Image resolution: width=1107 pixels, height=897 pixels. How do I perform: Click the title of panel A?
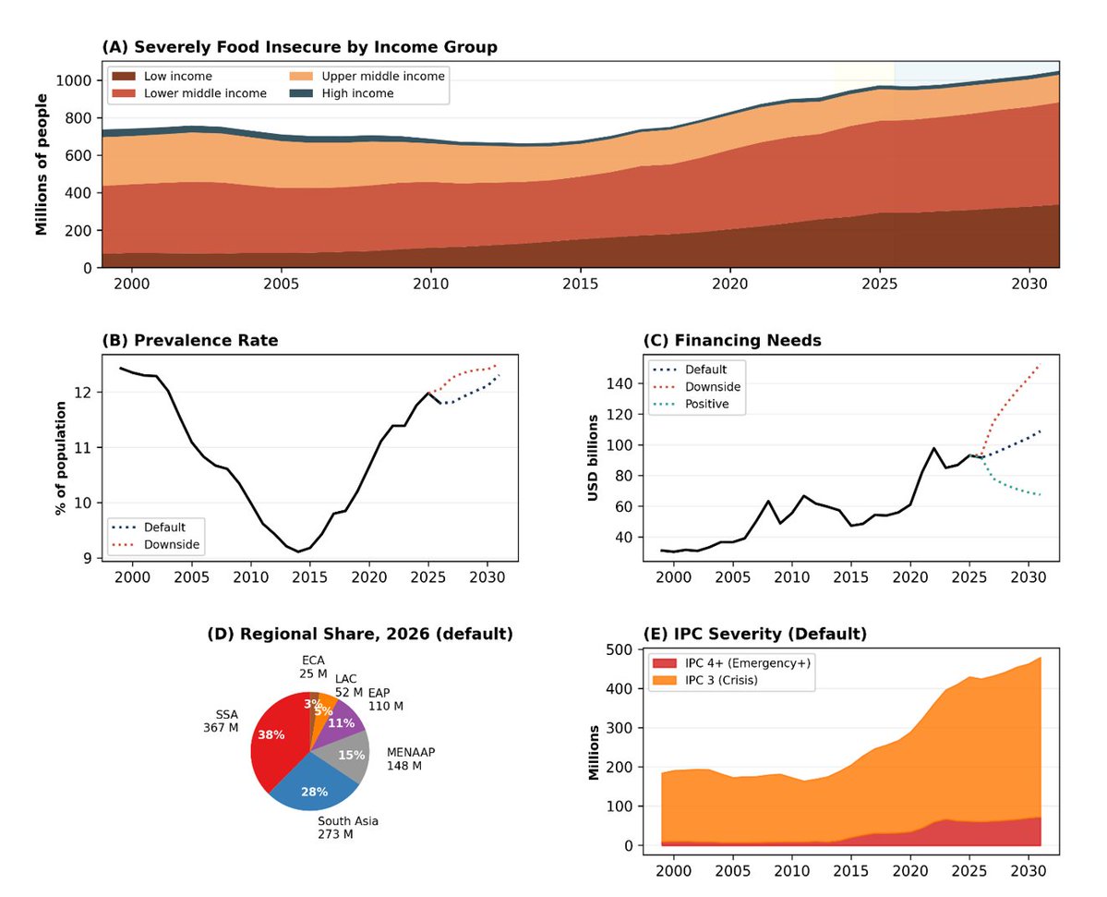point(300,47)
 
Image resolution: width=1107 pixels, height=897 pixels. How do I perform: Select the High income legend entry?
point(342,93)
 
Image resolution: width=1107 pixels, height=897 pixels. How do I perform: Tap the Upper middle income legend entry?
point(367,77)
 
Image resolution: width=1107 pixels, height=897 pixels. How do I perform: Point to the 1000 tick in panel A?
point(74,80)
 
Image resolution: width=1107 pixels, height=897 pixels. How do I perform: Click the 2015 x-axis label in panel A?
point(581,284)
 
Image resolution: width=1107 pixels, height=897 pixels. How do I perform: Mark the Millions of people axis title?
point(42,164)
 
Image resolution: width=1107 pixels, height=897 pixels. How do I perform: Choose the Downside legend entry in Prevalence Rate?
point(156,544)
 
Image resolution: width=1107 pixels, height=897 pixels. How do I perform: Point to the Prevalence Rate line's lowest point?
point(298,552)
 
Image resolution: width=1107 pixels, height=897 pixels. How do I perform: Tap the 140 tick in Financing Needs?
point(620,383)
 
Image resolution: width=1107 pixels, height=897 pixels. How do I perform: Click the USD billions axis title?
point(593,457)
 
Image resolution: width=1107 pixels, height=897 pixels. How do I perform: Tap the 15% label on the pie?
point(351,755)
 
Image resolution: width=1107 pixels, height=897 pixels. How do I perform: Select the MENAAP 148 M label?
point(410,759)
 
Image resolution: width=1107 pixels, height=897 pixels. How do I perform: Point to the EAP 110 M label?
point(386,699)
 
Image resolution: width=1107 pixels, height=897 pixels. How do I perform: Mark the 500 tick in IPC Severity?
point(620,649)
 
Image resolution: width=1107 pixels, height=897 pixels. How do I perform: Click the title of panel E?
point(754,634)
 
